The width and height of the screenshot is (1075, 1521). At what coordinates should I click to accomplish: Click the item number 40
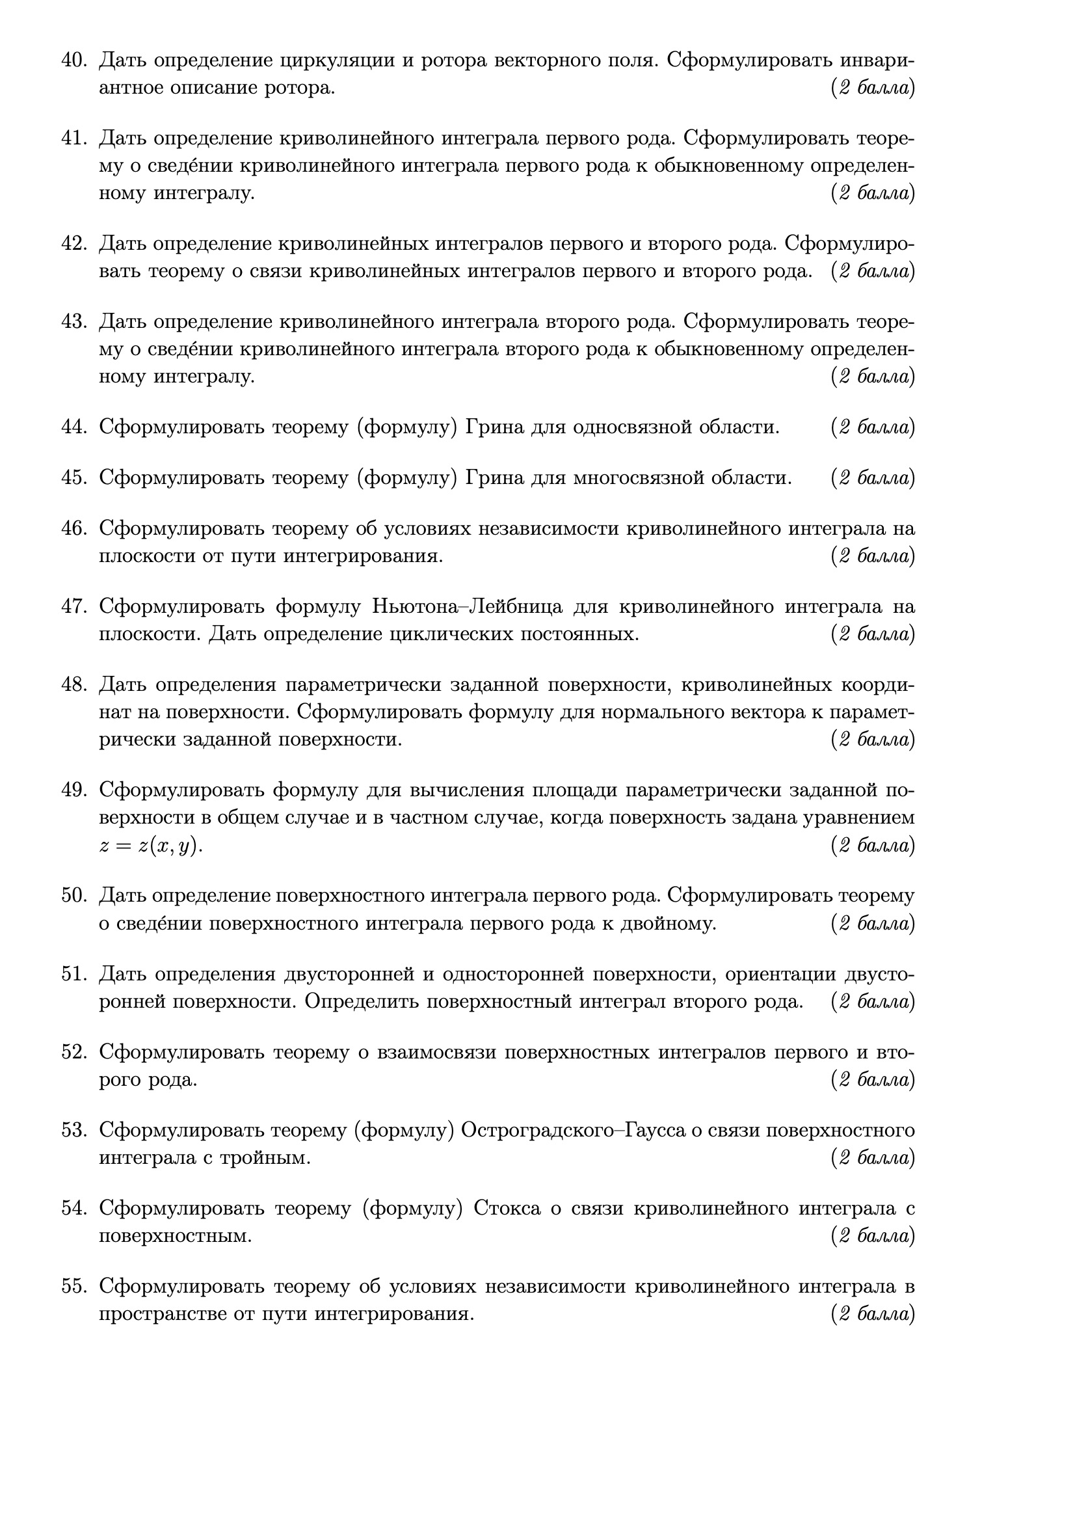click(74, 61)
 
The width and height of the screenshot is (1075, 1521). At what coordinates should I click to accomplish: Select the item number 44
click(74, 427)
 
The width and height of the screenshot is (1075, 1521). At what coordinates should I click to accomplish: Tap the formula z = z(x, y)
click(150, 846)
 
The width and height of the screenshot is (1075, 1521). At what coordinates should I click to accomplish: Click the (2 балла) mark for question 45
click(872, 478)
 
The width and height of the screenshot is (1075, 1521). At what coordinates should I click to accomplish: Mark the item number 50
click(74, 896)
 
